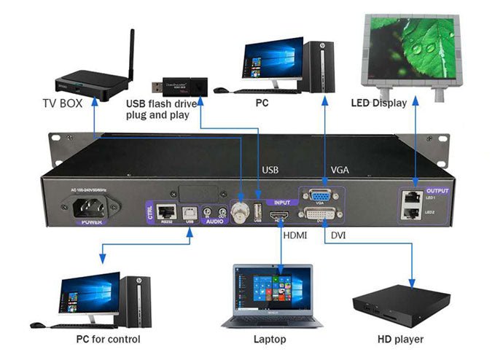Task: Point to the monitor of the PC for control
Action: [x=90, y=291]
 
